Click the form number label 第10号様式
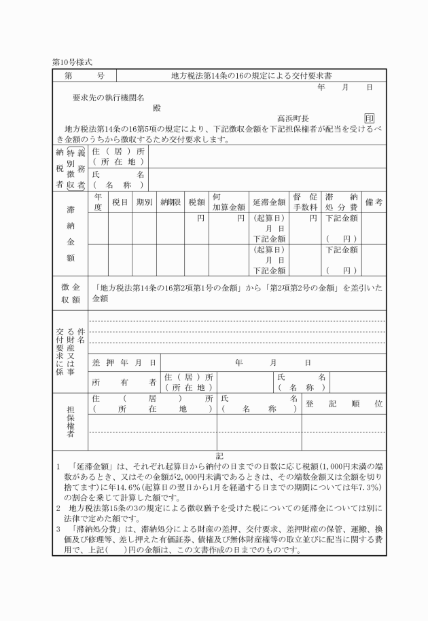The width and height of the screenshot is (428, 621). click(72, 62)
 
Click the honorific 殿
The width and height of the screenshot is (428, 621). click(157, 107)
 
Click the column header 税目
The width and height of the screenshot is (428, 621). click(120, 202)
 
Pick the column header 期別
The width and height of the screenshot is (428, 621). click(143, 202)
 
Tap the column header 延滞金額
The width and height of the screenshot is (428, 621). click(269, 202)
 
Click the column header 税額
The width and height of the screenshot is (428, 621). click(196, 202)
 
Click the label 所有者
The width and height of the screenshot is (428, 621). click(124, 381)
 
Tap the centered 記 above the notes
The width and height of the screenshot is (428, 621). click(219, 456)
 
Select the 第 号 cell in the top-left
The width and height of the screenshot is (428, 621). click(84, 75)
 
